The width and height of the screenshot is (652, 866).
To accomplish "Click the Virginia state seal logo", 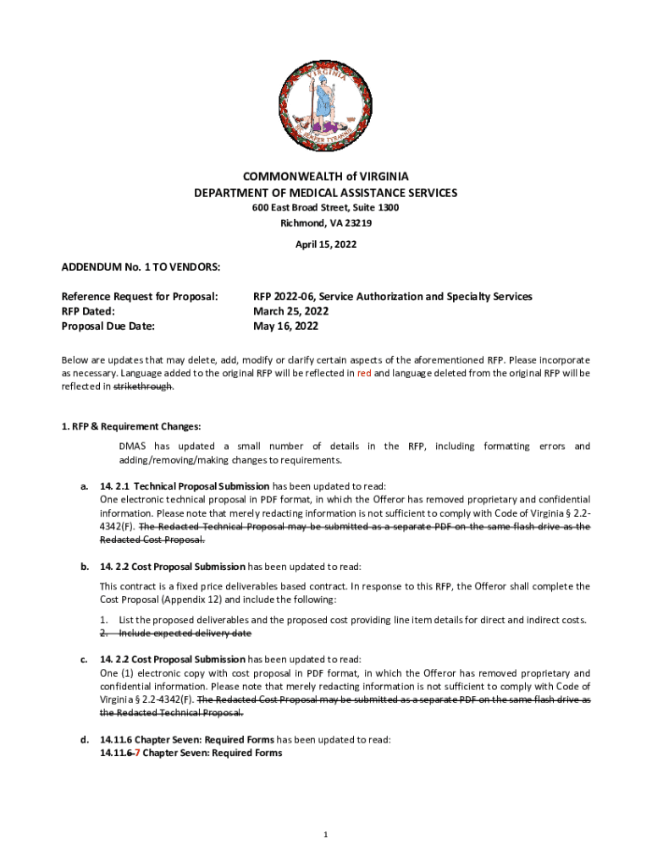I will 326,103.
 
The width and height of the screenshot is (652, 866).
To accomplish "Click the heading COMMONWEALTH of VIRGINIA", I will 326,177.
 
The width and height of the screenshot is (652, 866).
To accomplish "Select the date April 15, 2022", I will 326,244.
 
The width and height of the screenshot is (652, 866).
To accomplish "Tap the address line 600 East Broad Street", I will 326,208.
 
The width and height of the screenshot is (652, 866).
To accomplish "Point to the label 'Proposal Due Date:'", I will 113,326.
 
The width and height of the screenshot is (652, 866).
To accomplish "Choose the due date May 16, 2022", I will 286,326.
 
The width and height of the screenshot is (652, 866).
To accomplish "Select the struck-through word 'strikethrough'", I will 144,386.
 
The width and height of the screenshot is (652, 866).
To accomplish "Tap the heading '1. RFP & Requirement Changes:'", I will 131,426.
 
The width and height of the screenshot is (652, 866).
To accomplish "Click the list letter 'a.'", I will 84,486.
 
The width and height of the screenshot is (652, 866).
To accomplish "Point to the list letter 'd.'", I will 84,739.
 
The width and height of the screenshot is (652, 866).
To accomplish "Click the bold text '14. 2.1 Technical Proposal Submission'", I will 185,486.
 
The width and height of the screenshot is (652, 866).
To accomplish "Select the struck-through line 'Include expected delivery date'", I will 185,633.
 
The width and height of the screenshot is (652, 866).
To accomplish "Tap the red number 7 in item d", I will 136,753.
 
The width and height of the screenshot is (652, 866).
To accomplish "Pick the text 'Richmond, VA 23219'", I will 326,223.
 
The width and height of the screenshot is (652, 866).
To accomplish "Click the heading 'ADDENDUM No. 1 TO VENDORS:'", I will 141,267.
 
